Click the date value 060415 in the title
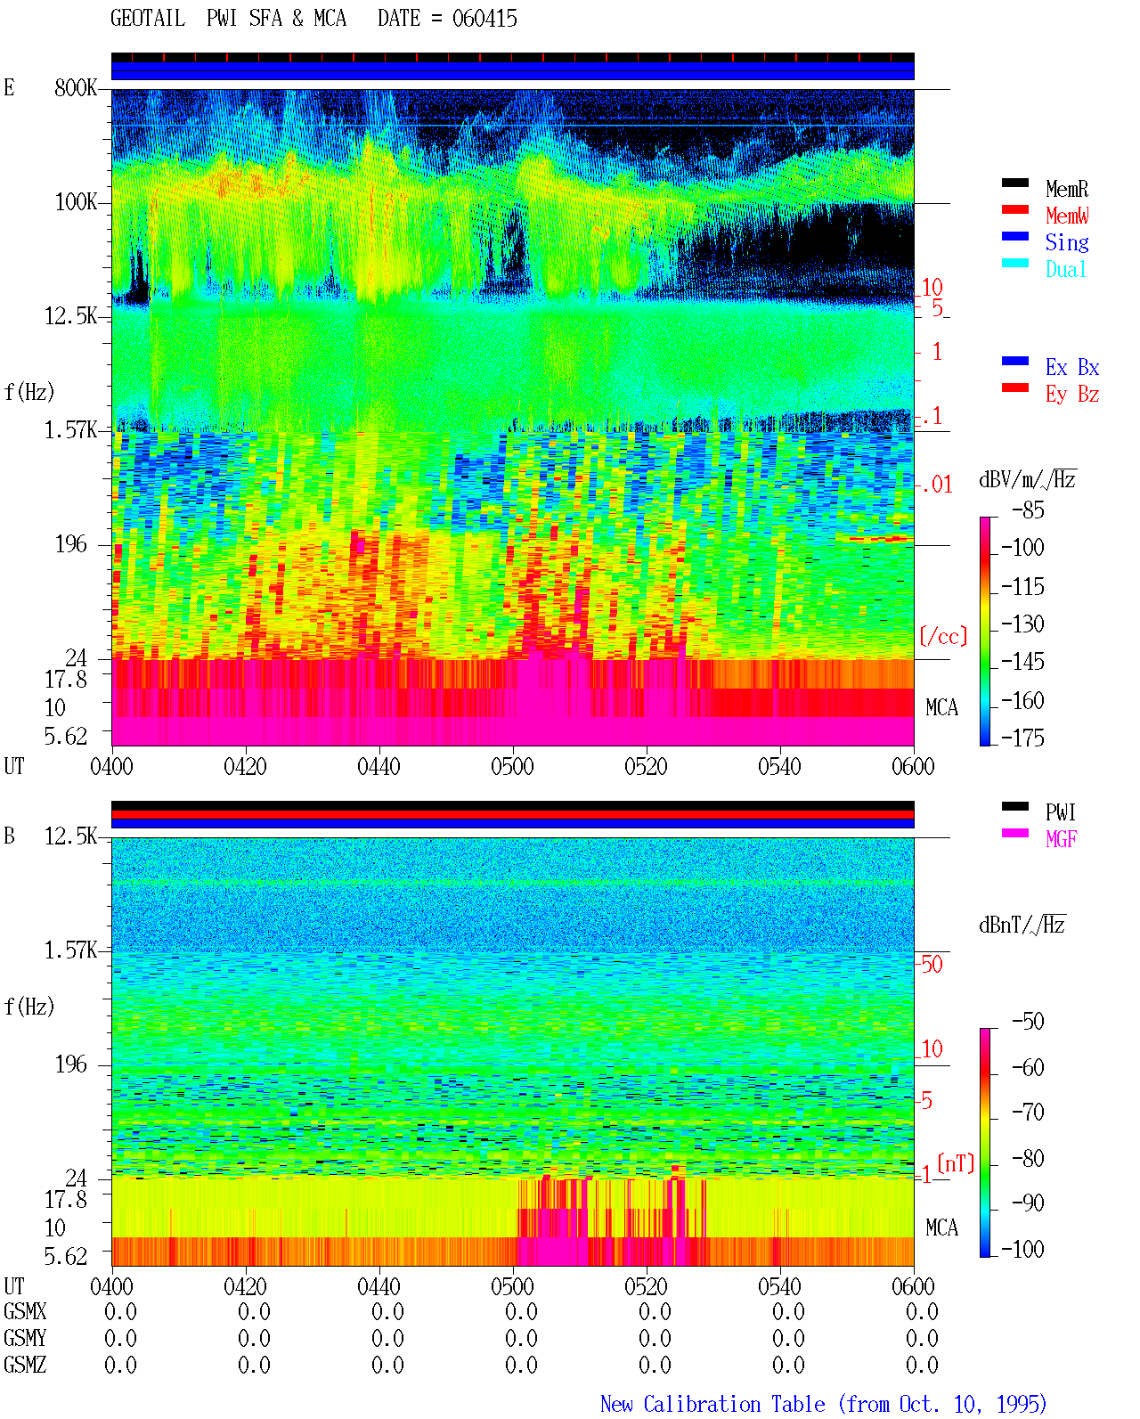(x=484, y=19)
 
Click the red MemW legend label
(x=1067, y=216)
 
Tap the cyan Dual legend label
(x=1065, y=269)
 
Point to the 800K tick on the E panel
(x=76, y=87)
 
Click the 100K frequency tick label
(x=76, y=202)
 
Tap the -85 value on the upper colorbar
(x=1028, y=510)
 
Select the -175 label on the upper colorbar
(x=1022, y=738)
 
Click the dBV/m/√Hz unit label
(x=1028, y=479)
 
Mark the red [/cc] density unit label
(x=943, y=636)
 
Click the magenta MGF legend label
(x=1061, y=839)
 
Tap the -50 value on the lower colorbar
(x=1028, y=1022)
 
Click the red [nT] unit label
(x=956, y=1163)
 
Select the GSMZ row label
(x=25, y=1365)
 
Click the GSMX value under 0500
(x=521, y=1311)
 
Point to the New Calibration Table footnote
(x=823, y=1404)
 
